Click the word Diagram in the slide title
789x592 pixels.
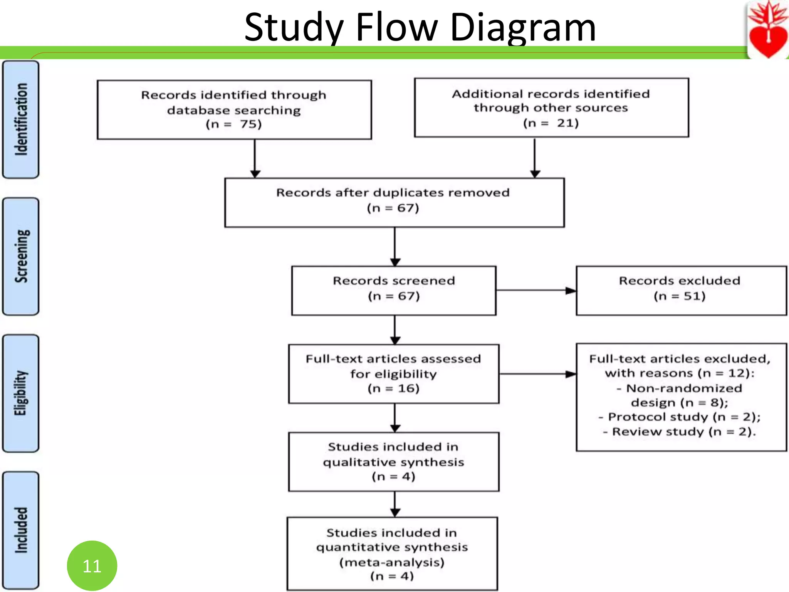[x=523, y=28]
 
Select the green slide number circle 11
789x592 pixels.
[x=92, y=565]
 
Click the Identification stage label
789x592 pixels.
[x=21, y=119]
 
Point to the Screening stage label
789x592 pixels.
[x=21, y=256]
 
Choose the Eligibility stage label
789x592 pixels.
[x=21, y=393]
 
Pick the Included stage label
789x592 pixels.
[x=21, y=530]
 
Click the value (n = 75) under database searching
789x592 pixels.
[x=233, y=124]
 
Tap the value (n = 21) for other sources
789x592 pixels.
[x=551, y=123]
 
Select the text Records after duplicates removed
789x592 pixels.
[x=393, y=192]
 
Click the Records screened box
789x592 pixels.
[x=393, y=290]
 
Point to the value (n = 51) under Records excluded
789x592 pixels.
[x=679, y=296]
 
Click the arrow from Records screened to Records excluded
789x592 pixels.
[x=536, y=291]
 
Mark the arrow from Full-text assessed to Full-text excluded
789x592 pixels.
[x=537, y=374]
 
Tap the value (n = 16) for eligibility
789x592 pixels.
[x=393, y=388]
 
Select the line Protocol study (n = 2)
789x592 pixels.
[x=680, y=417]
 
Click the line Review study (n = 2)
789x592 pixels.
[x=680, y=432]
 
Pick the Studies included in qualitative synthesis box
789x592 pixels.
[x=393, y=461]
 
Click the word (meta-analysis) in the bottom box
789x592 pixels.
[x=392, y=562]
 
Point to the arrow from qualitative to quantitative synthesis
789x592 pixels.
[x=395, y=504]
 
